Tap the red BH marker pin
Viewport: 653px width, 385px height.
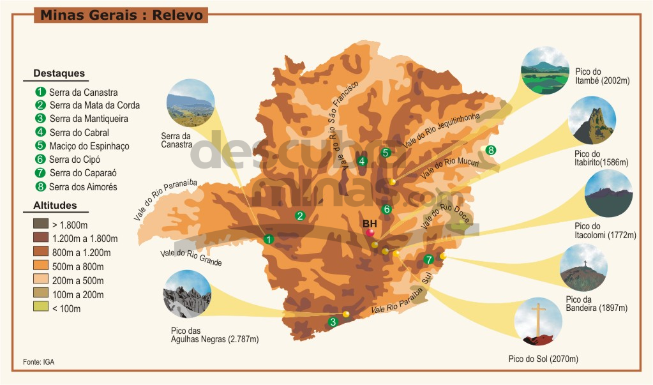tap(370, 232)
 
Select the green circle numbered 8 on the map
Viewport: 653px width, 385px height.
tap(490, 151)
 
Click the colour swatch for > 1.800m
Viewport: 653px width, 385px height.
tap(40, 225)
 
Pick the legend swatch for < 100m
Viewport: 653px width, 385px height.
tap(40, 308)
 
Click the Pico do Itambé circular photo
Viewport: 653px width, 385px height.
tap(544, 70)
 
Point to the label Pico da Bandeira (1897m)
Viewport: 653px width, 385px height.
tap(596, 304)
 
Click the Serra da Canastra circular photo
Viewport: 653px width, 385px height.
tap(190, 103)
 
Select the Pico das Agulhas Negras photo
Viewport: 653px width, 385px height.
tap(187, 294)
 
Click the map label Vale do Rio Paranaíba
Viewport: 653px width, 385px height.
tap(164, 200)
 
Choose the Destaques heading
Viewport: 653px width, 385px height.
tap(59, 73)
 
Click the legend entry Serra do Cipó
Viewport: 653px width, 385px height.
tap(75, 160)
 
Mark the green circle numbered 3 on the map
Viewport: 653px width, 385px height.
tap(333, 322)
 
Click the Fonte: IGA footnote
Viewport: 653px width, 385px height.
tap(38, 362)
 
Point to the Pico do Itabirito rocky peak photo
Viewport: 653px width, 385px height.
tap(592, 121)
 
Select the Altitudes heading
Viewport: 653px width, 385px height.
tap(55, 206)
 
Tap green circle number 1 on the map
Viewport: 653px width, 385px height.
tap(268, 239)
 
